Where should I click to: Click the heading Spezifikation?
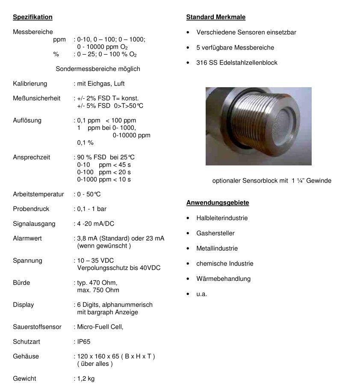point(32,17)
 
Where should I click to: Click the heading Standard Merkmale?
point(215,17)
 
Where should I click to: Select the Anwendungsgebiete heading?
point(218,203)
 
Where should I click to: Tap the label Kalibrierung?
point(30,83)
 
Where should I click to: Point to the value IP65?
point(83,342)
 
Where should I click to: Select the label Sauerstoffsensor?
point(37,327)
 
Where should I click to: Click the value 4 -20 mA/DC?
point(95,224)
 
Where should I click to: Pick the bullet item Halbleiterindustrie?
point(222,218)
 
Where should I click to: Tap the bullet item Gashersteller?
point(215,233)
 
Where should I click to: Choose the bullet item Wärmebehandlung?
point(223,279)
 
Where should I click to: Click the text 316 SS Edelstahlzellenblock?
point(236,62)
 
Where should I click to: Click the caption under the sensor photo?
point(271,180)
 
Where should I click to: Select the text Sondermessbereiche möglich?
point(98,69)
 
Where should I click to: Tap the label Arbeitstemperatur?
point(38,194)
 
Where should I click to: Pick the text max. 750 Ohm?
point(98,290)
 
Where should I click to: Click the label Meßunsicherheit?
point(36,98)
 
